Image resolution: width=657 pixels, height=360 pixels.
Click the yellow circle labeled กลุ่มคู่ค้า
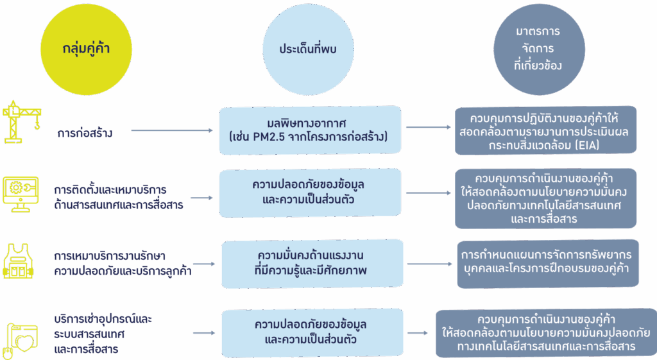point(85,49)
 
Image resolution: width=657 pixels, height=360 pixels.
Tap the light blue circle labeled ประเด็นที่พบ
point(309,49)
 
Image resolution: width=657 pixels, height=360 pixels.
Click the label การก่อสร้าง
point(85,133)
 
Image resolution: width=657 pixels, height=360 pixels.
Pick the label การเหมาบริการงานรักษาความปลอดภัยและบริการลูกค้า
point(123,263)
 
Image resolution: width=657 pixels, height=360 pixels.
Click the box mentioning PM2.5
point(310,130)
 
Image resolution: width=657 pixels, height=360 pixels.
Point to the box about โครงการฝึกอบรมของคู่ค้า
point(547,263)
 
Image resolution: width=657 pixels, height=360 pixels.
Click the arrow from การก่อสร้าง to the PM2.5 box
point(172,131)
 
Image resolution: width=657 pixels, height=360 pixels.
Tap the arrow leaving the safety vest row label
point(204,264)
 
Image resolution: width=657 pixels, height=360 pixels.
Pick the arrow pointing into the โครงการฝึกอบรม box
point(430,263)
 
